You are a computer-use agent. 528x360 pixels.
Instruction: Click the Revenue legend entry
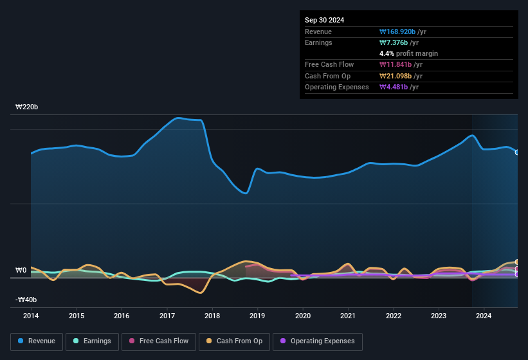click(37, 341)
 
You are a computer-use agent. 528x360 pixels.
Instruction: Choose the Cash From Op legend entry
click(235, 341)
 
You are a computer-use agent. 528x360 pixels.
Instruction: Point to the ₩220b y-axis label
click(27, 107)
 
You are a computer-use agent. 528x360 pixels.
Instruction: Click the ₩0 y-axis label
click(21, 271)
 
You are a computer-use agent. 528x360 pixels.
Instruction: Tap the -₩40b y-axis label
click(26, 300)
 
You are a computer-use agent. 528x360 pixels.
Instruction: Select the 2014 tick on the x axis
click(31, 316)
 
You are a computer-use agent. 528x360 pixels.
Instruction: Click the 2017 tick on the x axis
click(167, 316)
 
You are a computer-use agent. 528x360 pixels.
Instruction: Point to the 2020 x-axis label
click(303, 316)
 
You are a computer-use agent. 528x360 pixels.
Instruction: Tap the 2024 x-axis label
click(484, 316)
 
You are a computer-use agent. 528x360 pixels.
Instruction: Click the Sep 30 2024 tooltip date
click(324, 20)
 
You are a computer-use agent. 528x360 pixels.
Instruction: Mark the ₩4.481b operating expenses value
click(394, 87)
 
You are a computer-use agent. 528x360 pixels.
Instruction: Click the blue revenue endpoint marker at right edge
click(517, 152)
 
